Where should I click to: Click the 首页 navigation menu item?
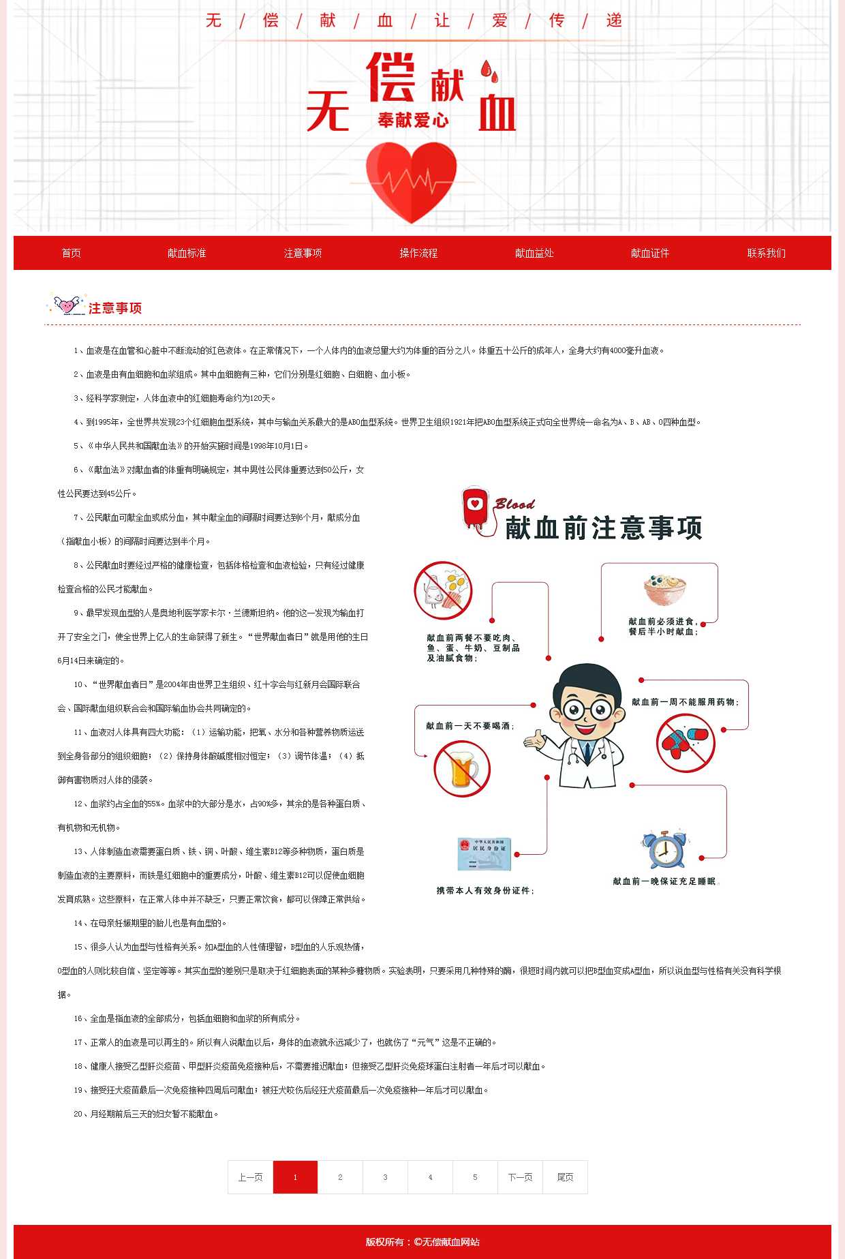(x=71, y=253)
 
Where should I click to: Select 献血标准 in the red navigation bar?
(x=187, y=253)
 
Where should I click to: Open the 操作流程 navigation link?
(x=418, y=253)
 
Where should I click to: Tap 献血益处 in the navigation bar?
(x=534, y=253)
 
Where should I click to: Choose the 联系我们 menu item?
(x=766, y=253)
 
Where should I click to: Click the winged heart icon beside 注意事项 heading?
(x=67, y=305)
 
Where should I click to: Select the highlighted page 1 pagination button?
(x=295, y=1177)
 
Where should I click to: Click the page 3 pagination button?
(x=385, y=1177)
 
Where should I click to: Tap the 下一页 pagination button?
(x=520, y=1177)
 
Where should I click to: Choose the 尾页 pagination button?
(x=565, y=1177)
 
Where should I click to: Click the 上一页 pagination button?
(x=250, y=1177)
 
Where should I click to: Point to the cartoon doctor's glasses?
(x=587, y=710)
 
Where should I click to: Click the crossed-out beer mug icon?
(x=462, y=769)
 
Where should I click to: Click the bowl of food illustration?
(x=664, y=590)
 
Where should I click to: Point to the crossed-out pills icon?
(x=685, y=743)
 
